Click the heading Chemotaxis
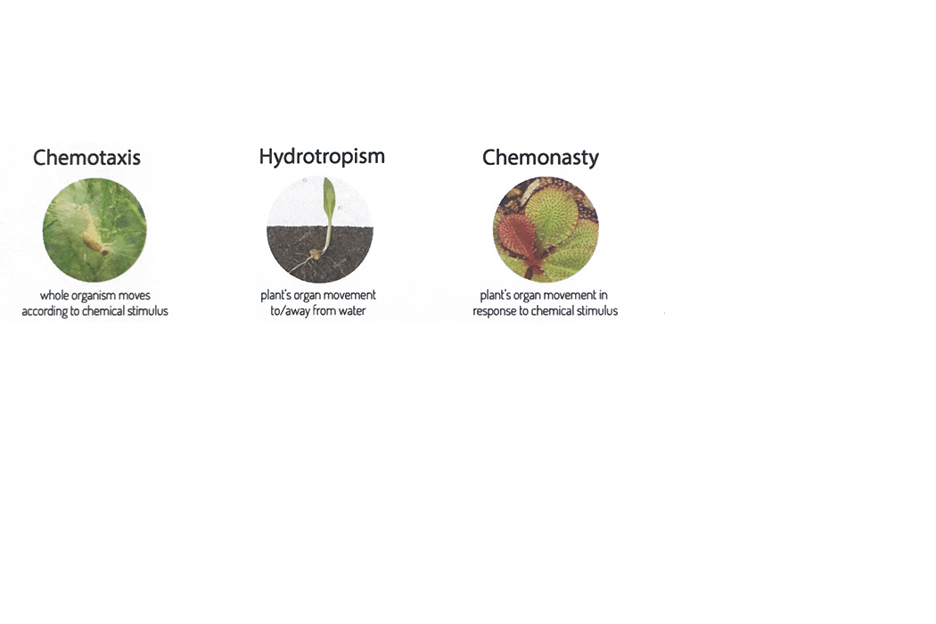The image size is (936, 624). click(x=86, y=158)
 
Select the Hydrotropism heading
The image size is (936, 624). click(x=322, y=157)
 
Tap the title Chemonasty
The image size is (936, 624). click(x=540, y=159)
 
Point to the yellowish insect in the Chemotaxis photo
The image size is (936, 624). click(x=94, y=234)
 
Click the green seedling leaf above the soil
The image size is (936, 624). click(x=328, y=200)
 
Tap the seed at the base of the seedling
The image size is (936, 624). click(x=316, y=254)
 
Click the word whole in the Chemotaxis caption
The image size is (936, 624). click(x=54, y=295)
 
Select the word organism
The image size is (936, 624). click(x=94, y=296)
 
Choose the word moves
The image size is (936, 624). click(x=135, y=296)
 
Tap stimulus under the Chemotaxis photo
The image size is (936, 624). click(x=148, y=310)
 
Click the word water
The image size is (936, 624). click(x=351, y=310)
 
